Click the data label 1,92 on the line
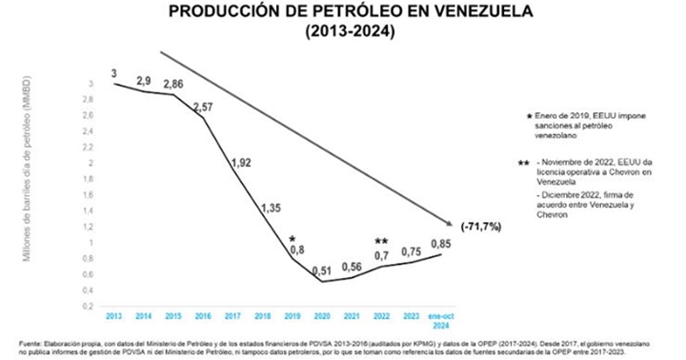pyautogui.click(x=240, y=163)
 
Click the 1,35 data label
pyautogui.click(x=272, y=207)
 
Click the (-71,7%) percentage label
pyautogui.click(x=482, y=229)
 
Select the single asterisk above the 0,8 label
pyautogui.click(x=293, y=238)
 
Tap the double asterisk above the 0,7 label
pyautogui.click(x=381, y=241)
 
